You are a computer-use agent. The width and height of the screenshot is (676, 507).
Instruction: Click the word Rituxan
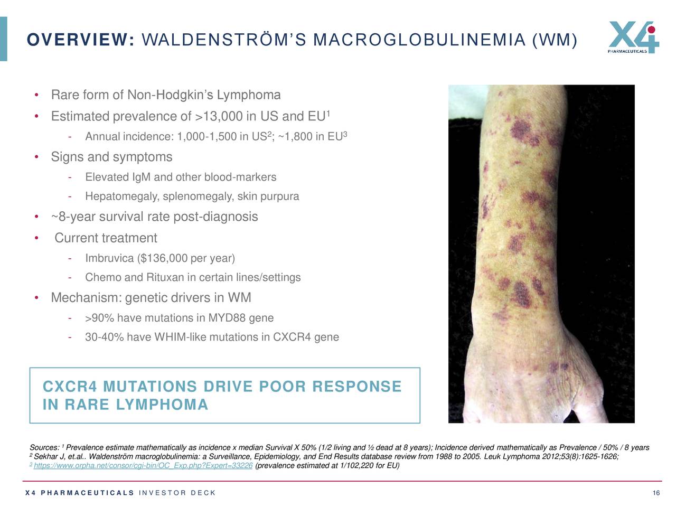pyautogui.click(x=165, y=278)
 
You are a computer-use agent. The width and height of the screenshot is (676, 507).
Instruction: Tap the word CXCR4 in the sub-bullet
pyautogui.click(x=292, y=337)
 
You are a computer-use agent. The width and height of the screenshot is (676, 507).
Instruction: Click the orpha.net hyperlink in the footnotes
pyautogui.click(x=143, y=466)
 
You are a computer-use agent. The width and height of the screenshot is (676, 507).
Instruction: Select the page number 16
pyautogui.click(x=656, y=493)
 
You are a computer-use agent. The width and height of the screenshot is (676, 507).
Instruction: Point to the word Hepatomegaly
pyautogui.click(x=122, y=197)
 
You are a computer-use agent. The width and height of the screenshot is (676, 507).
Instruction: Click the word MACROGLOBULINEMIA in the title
pyautogui.click(x=419, y=40)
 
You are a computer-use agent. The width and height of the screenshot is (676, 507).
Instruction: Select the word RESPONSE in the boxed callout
pyautogui.click(x=357, y=387)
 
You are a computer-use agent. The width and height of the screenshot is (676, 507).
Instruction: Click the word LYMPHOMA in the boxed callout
pyautogui.click(x=162, y=405)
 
